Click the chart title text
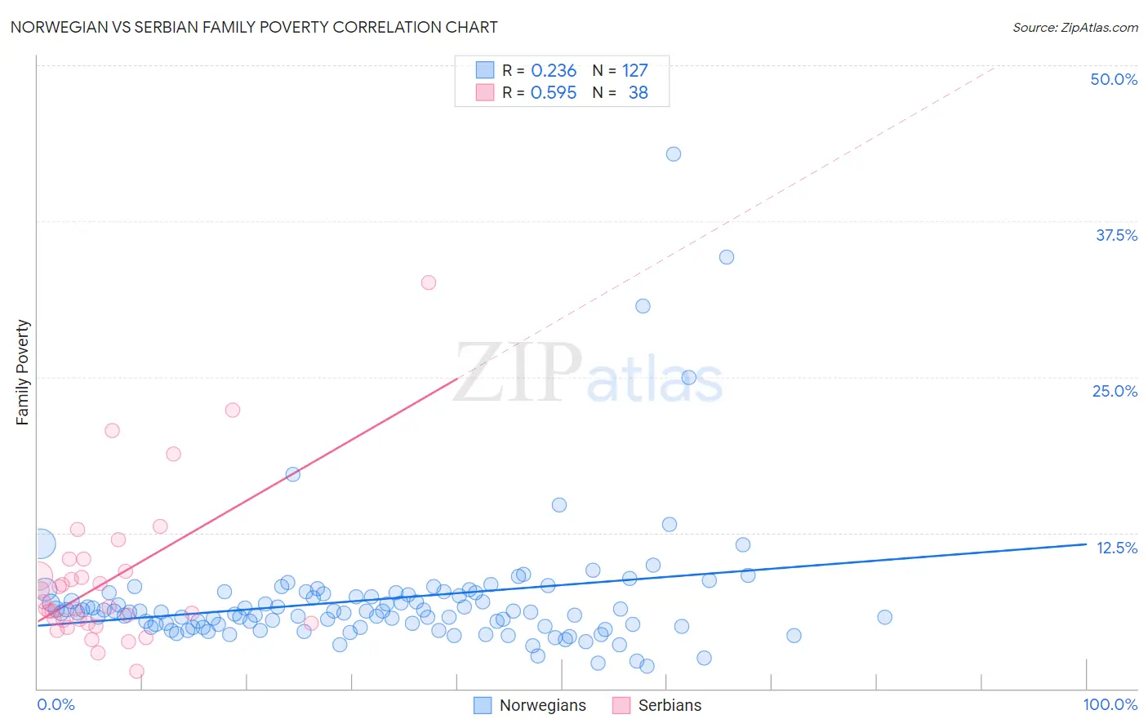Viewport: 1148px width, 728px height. click(254, 27)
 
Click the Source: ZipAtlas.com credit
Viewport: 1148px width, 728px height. click(1075, 27)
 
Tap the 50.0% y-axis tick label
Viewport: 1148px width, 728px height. click(1114, 79)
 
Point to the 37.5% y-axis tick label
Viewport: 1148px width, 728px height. click(1116, 235)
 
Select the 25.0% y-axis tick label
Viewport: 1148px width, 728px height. click(1115, 391)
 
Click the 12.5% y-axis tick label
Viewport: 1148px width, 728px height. click(1116, 548)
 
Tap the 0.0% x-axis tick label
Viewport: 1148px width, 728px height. click(56, 704)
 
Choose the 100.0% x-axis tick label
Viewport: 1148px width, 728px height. click(1110, 704)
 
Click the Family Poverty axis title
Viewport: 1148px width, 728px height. click(23, 372)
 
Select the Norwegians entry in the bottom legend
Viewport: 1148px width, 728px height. click(542, 705)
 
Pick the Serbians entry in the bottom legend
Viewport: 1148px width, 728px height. click(670, 705)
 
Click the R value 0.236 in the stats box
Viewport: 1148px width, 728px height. click(554, 71)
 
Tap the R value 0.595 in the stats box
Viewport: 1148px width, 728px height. click(554, 93)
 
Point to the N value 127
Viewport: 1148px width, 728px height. click(634, 71)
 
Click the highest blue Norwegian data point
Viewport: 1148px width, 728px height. click(674, 154)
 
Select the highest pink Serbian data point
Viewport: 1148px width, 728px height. click(429, 282)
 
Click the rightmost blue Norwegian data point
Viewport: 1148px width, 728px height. click(884, 617)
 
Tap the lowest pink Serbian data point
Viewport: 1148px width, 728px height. click(137, 671)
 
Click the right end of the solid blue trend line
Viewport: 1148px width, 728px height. click(1087, 544)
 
